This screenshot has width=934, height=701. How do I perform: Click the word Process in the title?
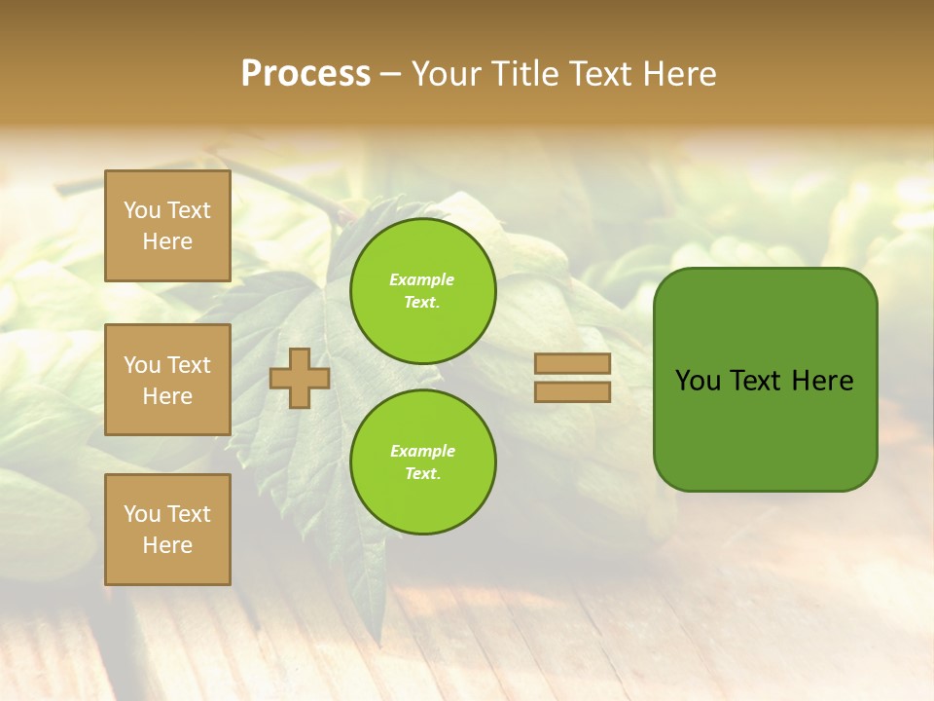(305, 74)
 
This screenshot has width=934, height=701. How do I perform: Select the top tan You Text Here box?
(167, 226)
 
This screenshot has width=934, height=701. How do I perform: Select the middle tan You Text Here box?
(167, 380)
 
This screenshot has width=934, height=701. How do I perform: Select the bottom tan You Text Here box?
(167, 530)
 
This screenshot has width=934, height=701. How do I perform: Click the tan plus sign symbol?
(299, 379)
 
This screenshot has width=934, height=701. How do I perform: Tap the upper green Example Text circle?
(422, 291)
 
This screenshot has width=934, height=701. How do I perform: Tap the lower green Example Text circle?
(422, 462)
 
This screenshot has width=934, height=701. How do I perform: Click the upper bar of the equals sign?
(572, 364)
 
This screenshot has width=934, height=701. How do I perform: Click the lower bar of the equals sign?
(572, 391)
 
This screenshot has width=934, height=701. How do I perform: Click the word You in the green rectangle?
(698, 381)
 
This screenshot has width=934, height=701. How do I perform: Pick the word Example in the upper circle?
(422, 280)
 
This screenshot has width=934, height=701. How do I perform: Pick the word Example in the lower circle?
(422, 452)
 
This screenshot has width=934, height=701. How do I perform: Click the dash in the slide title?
(390, 75)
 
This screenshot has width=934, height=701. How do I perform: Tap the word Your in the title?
(448, 74)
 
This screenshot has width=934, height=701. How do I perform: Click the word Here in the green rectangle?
(822, 381)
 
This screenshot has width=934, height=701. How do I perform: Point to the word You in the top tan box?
(142, 210)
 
